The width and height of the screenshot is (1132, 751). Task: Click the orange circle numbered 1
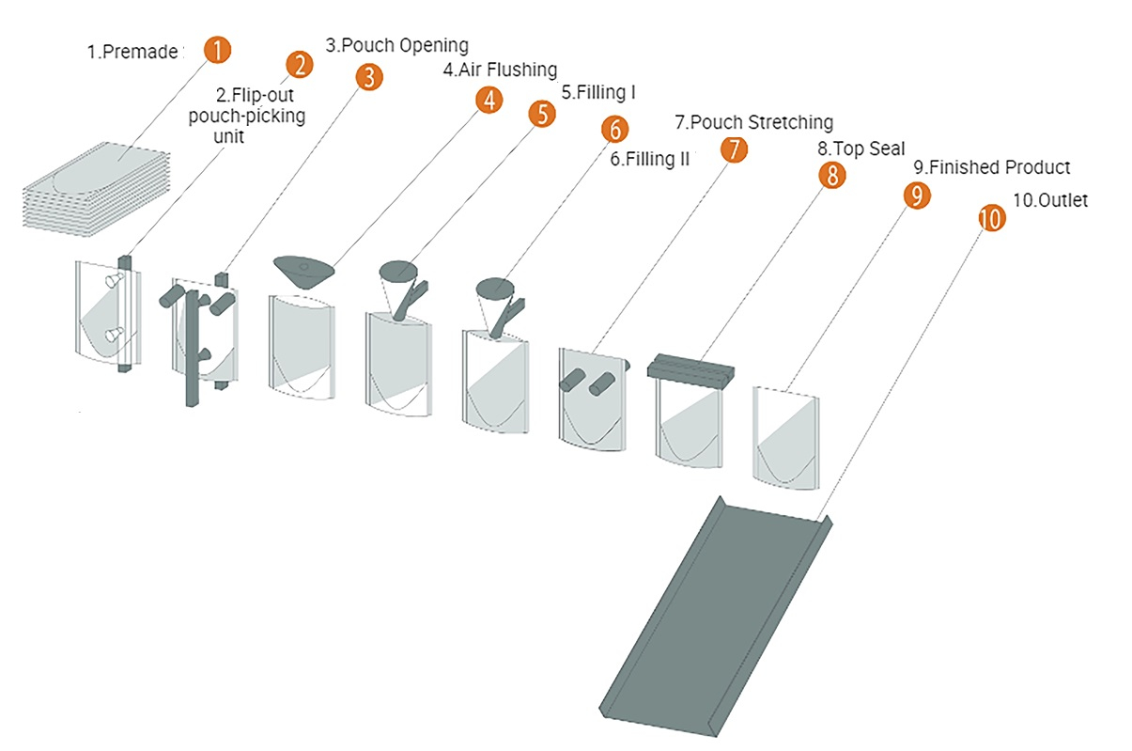[217, 50]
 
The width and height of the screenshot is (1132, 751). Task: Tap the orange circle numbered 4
[488, 101]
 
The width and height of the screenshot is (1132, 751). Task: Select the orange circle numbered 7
[735, 149]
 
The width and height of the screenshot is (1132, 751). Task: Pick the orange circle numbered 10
[991, 218]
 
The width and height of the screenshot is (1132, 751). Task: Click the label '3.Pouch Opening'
[396, 44]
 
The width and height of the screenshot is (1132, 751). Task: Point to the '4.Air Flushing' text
[500, 70]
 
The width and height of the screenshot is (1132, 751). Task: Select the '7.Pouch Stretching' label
[753, 122]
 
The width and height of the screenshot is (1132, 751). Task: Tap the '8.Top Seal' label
[861, 149]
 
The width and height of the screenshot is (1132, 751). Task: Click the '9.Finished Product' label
[991, 168]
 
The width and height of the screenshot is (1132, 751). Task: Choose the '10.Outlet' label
[1050, 199]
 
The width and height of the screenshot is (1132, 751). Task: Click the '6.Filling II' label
[649, 160]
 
